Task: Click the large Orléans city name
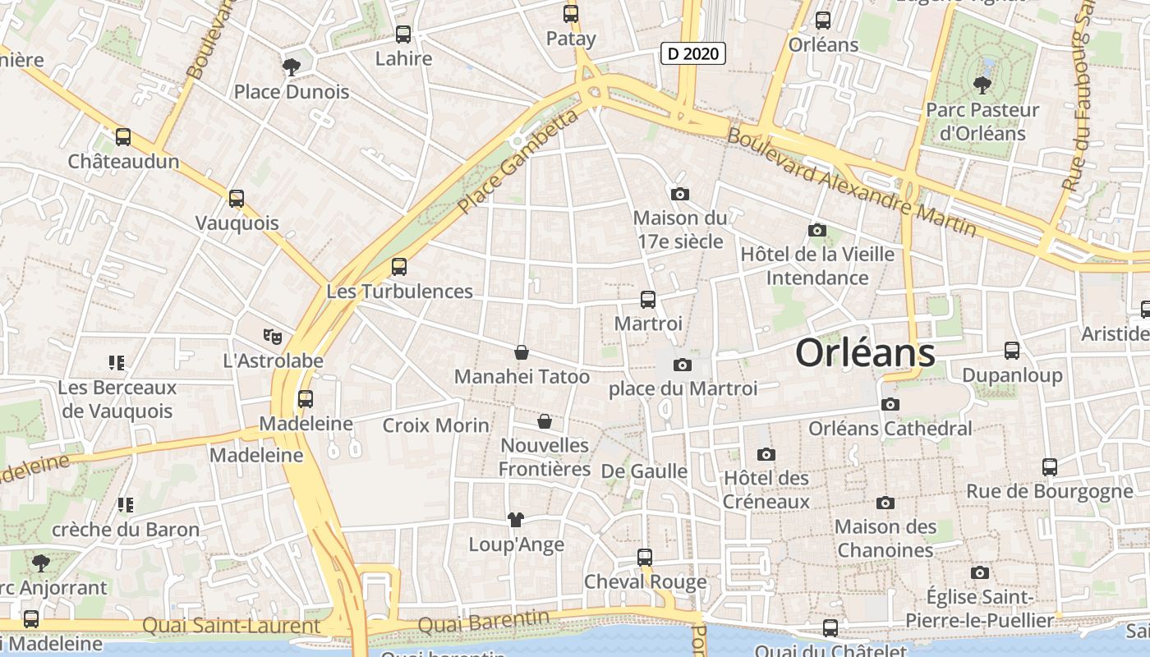(865, 353)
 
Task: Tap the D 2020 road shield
(692, 54)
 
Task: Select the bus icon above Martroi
(648, 300)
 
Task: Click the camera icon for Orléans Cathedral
(890, 404)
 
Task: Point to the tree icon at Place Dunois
(291, 67)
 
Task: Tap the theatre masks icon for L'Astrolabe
(273, 336)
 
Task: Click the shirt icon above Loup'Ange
(516, 519)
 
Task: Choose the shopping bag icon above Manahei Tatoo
(522, 352)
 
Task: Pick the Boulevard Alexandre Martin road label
(851, 182)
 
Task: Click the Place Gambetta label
(518, 161)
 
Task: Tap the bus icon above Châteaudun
(123, 137)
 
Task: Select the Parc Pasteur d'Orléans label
(982, 122)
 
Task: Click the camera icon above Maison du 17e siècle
(680, 194)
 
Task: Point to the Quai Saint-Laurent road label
(231, 626)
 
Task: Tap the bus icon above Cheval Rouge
(645, 557)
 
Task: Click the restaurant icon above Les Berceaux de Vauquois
(116, 362)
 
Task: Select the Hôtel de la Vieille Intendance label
(817, 265)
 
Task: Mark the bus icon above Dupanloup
(1012, 351)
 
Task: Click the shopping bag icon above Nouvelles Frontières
(544, 421)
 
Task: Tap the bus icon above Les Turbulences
(399, 266)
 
